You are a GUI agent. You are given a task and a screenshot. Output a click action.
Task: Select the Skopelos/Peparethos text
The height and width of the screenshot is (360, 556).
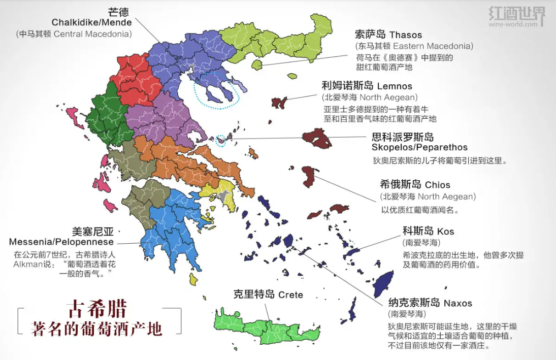pyautogui.click(x=419, y=147)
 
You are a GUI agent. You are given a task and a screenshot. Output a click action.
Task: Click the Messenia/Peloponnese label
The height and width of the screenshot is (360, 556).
pyautogui.click(x=61, y=242)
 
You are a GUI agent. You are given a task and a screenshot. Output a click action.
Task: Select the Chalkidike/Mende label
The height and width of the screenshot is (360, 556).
pyautogui.click(x=91, y=22)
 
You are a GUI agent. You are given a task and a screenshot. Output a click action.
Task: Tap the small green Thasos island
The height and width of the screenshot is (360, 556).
pyautogui.click(x=257, y=65)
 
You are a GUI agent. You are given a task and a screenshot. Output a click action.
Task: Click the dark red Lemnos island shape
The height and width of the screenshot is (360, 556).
pyautogui.click(x=279, y=103)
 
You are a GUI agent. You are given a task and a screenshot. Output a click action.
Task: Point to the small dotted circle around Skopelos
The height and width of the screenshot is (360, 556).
pyautogui.click(x=221, y=141)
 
